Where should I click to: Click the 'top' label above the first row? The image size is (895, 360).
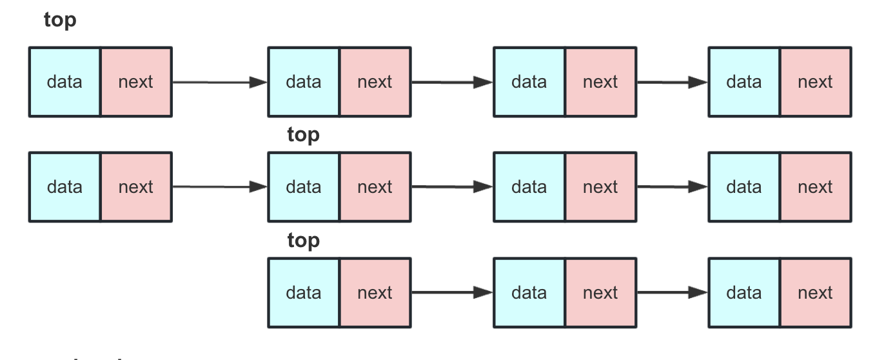coord(60,20)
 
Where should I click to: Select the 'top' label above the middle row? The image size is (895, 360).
coord(303,135)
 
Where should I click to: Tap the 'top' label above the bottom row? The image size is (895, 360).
coord(303,240)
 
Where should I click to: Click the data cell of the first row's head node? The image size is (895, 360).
coord(64,82)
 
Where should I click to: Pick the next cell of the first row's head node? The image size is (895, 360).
coord(136,82)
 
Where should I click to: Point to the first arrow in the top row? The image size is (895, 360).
coord(219,82)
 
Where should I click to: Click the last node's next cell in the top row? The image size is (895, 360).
coord(816,82)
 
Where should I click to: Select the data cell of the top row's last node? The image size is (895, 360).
coord(744,82)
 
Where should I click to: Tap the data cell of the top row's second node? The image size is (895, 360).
coord(304,82)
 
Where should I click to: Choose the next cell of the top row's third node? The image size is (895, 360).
coord(600,82)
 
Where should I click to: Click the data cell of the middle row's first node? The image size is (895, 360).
coord(64,187)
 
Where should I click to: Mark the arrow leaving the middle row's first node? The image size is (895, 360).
coord(219,187)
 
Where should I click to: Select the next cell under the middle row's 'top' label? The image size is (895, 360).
coord(375,187)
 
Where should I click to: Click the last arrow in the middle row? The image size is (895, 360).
coord(672,187)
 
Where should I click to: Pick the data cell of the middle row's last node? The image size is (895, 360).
coord(744,187)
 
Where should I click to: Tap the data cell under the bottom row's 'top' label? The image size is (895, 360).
coord(304,292)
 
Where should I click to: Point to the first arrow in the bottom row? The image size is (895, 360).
coord(451,292)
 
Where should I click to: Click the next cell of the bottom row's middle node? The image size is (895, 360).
coord(600,292)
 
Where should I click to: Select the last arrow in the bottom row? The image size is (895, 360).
coord(672,292)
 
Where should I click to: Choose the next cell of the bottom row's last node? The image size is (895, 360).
coord(816,292)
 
